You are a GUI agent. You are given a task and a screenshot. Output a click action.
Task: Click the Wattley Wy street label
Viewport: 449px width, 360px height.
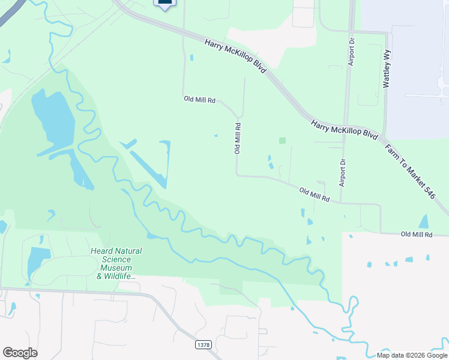387,69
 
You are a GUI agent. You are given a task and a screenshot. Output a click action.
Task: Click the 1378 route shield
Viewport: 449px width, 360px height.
203,344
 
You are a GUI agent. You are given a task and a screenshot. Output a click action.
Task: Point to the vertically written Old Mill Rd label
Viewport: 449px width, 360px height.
238,139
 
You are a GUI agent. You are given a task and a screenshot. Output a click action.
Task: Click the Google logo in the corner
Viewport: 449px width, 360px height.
20,353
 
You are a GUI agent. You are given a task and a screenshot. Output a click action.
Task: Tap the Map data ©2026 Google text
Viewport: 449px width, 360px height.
412,355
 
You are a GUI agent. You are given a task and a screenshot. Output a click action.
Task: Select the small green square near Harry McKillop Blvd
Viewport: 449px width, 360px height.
282,140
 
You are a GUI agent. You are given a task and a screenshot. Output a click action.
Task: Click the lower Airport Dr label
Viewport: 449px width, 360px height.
343,172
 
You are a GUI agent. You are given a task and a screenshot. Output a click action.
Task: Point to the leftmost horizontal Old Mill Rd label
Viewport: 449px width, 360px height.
199,100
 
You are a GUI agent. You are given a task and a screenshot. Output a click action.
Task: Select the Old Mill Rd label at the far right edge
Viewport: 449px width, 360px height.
417,235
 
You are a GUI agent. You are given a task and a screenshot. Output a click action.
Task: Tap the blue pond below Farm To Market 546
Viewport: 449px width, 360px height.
424,221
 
